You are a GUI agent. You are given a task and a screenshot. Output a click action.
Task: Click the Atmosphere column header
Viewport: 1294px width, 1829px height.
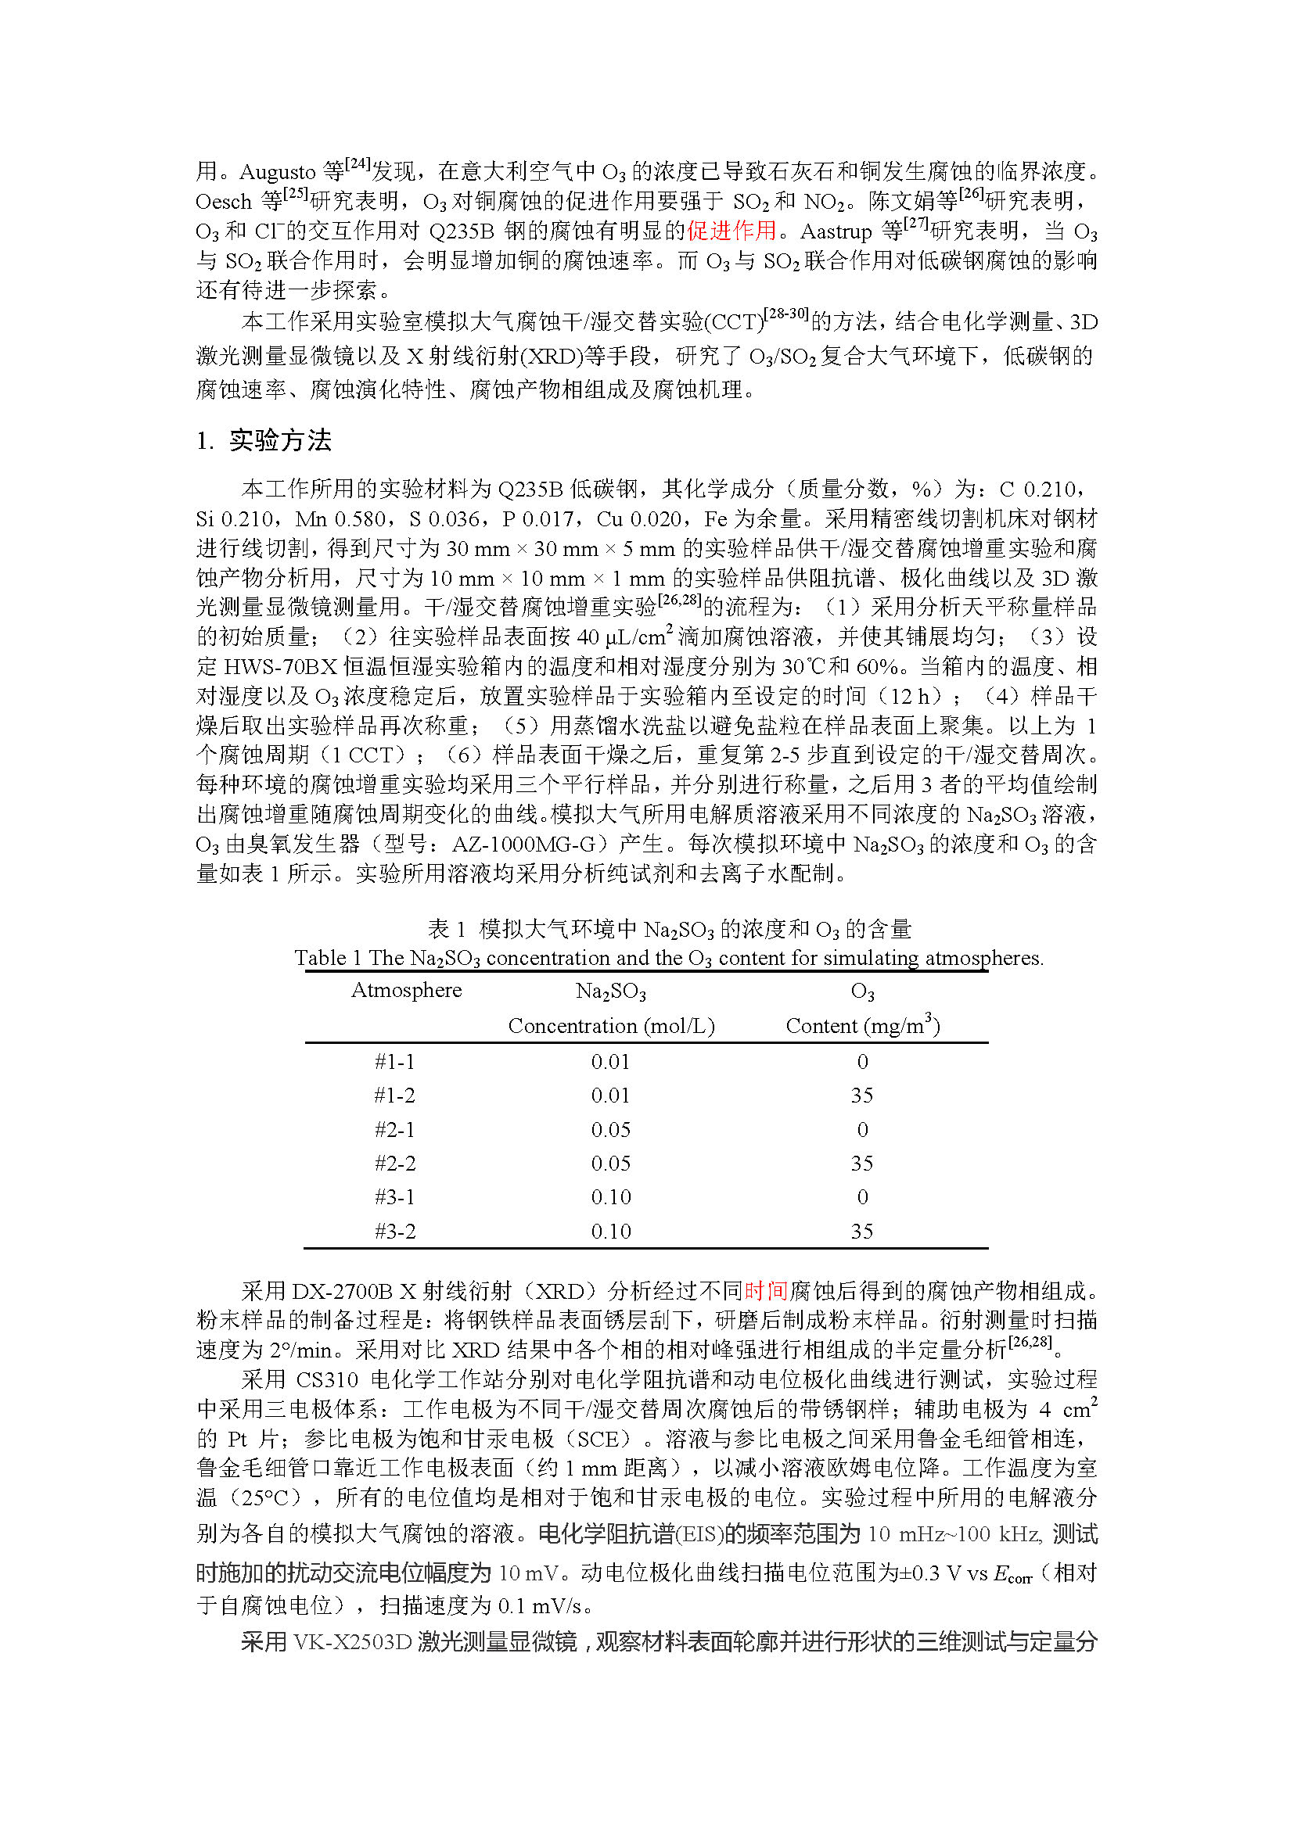pyautogui.click(x=406, y=990)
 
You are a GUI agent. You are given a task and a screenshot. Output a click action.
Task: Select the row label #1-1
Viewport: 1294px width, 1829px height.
pyautogui.click(x=394, y=1062)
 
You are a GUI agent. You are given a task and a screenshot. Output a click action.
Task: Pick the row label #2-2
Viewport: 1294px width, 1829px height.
pyautogui.click(x=394, y=1164)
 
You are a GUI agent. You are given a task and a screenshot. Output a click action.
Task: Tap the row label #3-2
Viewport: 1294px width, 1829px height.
pyautogui.click(x=394, y=1232)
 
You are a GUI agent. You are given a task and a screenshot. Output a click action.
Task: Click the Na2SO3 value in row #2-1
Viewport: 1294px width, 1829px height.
pyautogui.click(x=610, y=1130)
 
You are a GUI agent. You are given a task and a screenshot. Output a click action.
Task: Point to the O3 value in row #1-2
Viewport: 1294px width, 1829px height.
pyautogui.click(x=862, y=1096)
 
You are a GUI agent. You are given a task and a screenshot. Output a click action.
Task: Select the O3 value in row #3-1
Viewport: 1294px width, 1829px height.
pyautogui.click(x=862, y=1197)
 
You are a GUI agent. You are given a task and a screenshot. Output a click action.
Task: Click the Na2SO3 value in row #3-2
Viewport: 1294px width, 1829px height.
pyautogui.click(x=610, y=1232)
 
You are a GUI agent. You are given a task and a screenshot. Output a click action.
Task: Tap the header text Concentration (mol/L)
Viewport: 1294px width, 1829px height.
pyautogui.click(x=611, y=1026)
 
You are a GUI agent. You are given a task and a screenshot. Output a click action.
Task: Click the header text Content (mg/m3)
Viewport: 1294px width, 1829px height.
pyautogui.click(x=862, y=1025)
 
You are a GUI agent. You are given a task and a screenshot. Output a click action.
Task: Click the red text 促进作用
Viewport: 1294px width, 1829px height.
pyautogui.click(x=731, y=231)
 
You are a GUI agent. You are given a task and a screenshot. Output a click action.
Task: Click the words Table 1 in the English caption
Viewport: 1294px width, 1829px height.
pyautogui.click(x=328, y=959)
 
